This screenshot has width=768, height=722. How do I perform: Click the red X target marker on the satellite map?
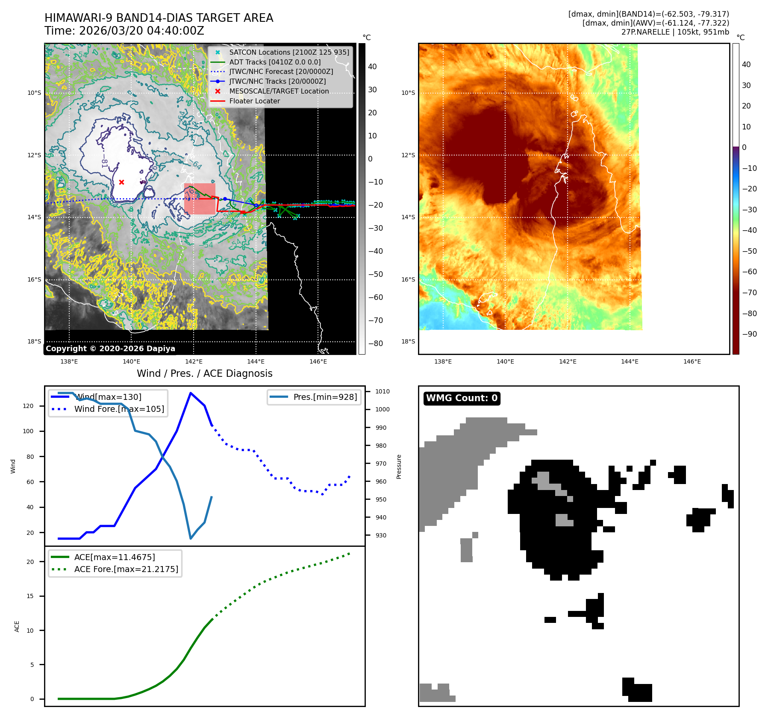[x=121, y=182]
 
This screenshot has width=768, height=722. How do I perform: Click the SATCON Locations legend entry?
[x=289, y=52]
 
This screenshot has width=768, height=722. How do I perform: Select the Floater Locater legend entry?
[x=254, y=101]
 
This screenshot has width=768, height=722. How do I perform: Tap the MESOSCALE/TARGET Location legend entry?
[x=279, y=91]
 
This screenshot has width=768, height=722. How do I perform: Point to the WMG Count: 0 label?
[x=462, y=398]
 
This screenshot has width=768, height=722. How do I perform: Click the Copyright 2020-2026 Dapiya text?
[x=110, y=349]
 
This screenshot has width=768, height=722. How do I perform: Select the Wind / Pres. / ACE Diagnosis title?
[x=204, y=373]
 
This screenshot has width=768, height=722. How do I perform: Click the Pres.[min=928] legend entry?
[x=325, y=397]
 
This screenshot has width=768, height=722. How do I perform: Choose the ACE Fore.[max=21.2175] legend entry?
[x=126, y=569]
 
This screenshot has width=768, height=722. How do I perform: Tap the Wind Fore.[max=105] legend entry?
[x=119, y=409]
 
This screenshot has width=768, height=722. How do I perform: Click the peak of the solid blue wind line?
[x=190, y=393]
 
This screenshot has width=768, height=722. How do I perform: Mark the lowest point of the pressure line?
[x=191, y=538]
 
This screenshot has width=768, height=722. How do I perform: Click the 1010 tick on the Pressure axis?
[x=382, y=391]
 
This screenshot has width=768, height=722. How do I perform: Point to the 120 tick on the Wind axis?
[x=28, y=406]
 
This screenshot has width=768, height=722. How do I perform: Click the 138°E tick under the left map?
[x=69, y=361]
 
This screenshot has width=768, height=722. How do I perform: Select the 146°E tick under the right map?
[x=692, y=361]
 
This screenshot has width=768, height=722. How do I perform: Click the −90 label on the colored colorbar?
[x=749, y=334]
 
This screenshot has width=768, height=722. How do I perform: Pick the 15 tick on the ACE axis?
[x=30, y=596]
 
